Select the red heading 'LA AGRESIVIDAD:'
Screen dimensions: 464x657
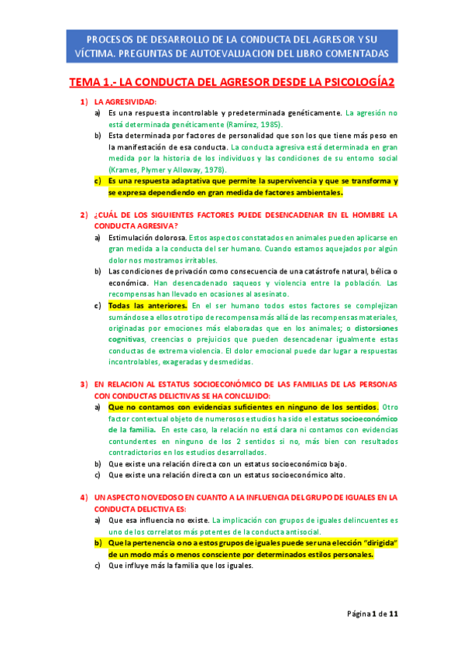pyautogui.click(x=125, y=101)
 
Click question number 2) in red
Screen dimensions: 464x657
pyautogui.click(x=84, y=215)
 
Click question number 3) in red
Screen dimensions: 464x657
pyautogui.click(x=84, y=384)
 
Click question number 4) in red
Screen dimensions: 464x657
pyautogui.click(x=84, y=497)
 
